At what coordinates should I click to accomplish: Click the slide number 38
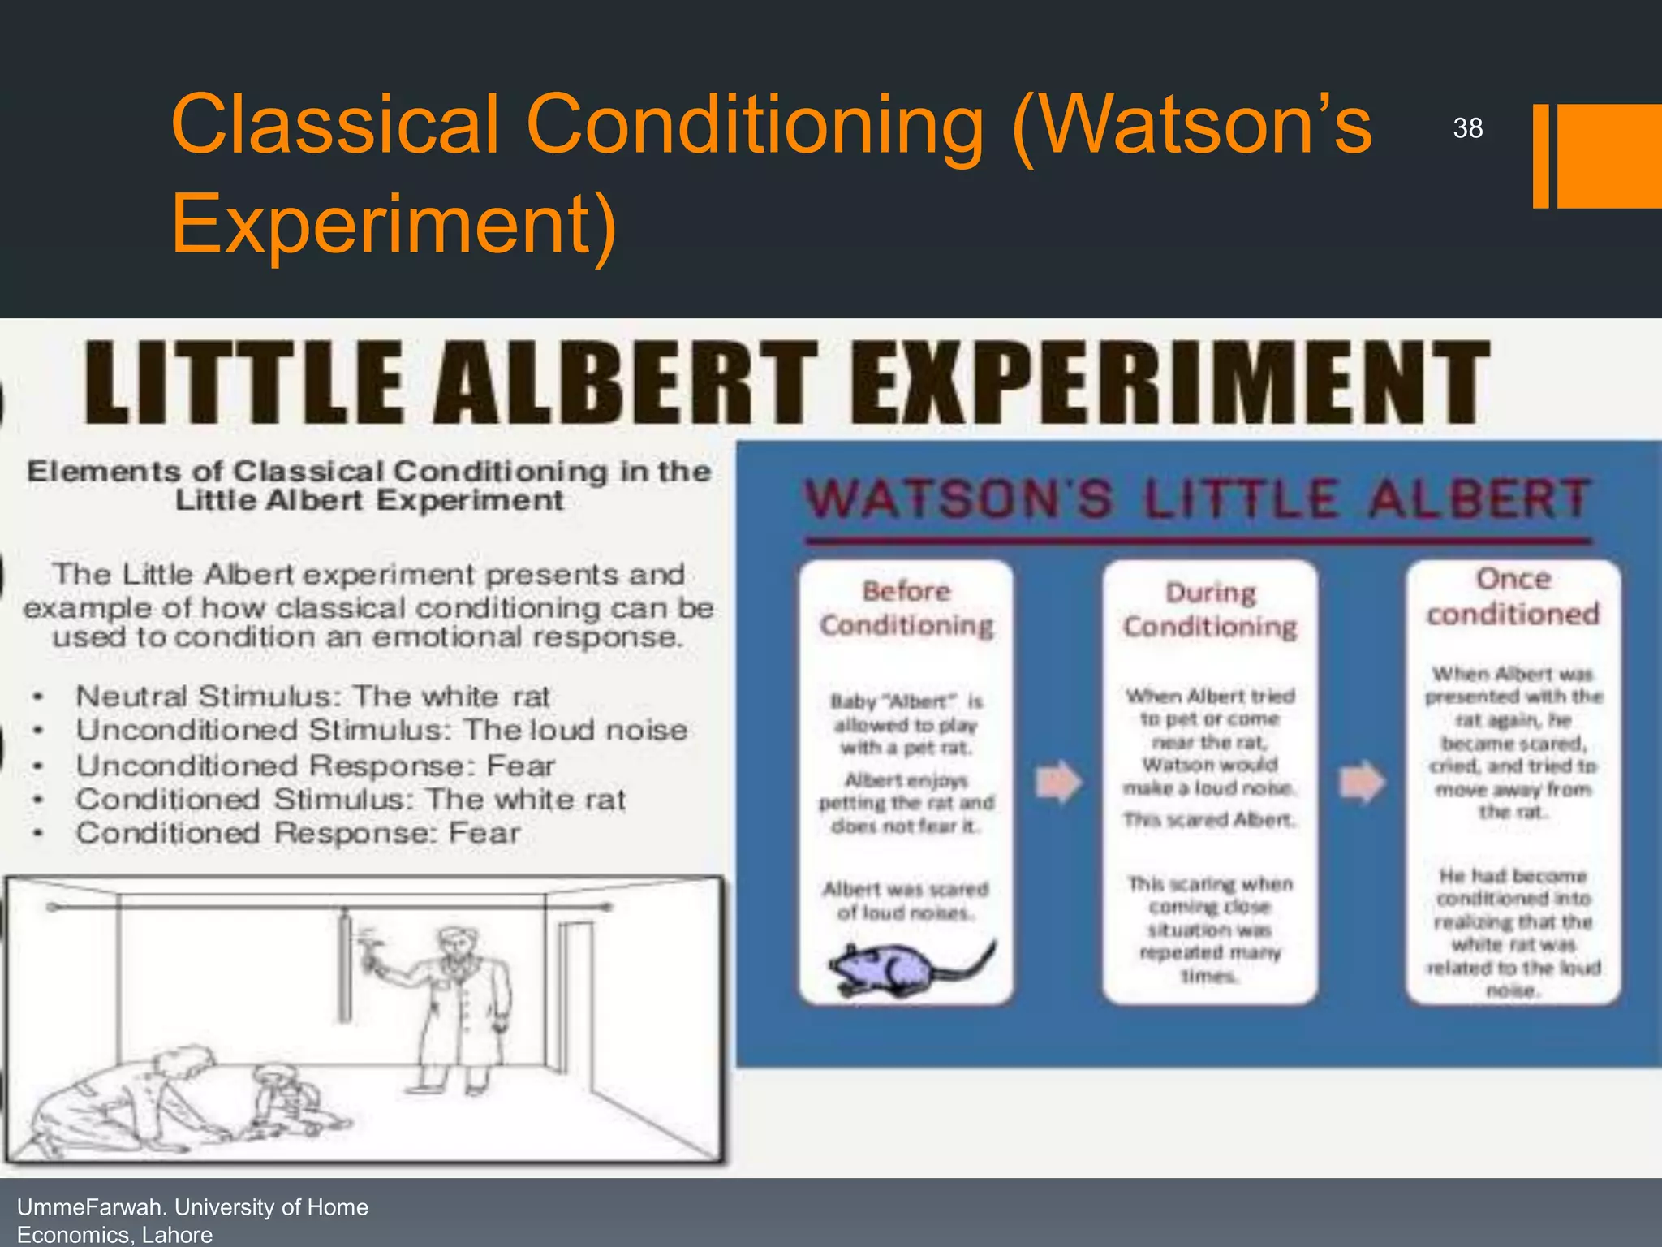(1467, 128)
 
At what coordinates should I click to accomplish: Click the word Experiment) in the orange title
(394, 223)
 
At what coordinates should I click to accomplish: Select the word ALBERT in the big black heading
(625, 383)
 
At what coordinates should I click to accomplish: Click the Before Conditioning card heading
(906, 608)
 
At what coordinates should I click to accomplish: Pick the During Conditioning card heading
(1210, 610)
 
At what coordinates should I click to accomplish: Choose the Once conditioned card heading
(1513, 597)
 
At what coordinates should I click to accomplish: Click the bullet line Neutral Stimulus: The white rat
(312, 697)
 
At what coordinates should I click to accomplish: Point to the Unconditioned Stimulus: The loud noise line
(381, 730)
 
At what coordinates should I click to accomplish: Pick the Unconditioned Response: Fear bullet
(316, 766)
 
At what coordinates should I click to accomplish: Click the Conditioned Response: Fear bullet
(298, 833)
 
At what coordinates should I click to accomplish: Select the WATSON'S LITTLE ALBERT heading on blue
(1197, 498)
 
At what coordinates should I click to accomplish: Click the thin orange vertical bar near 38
(1540, 156)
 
